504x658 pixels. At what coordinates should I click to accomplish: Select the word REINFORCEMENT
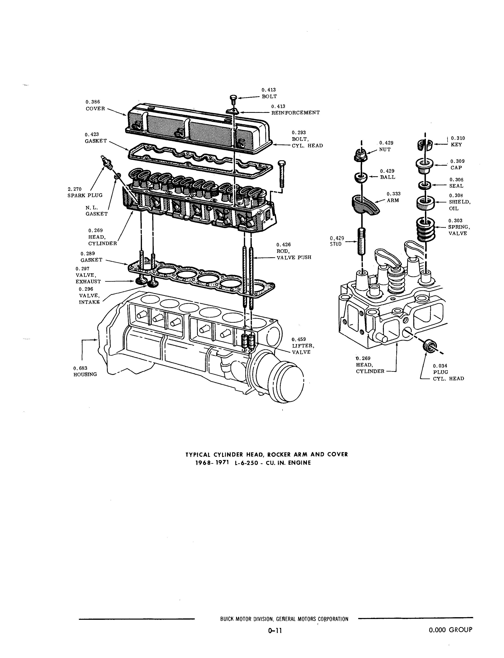coord(296,113)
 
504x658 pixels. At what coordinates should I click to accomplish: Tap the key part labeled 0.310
coord(425,145)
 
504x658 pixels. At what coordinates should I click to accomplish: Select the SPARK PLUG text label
coord(85,195)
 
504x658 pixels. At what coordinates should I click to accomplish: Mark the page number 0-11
coord(275,631)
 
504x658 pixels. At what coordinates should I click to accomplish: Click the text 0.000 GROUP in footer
coord(450,630)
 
